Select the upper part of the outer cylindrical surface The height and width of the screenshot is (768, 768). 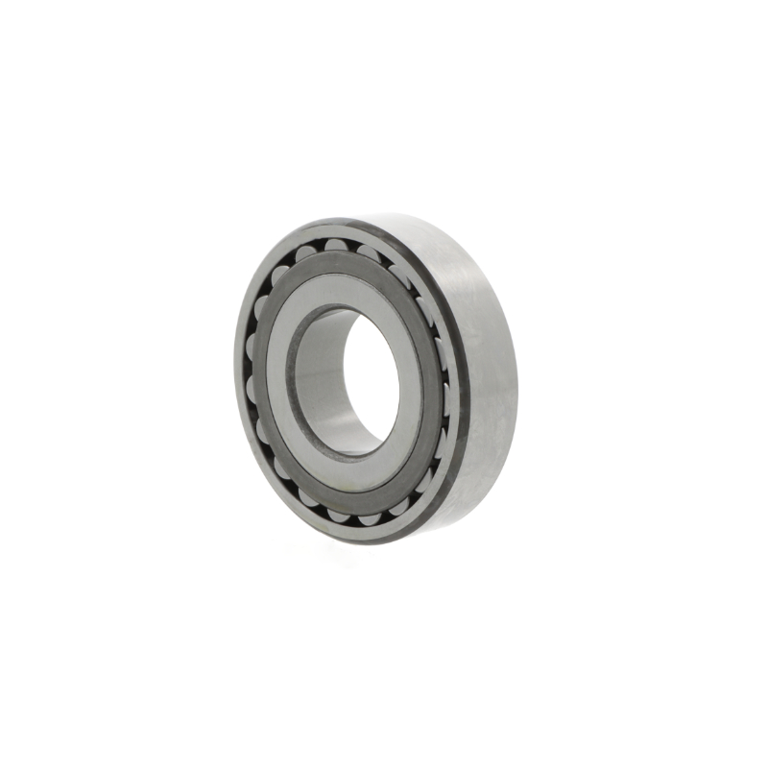pyautogui.click(x=432, y=240)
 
